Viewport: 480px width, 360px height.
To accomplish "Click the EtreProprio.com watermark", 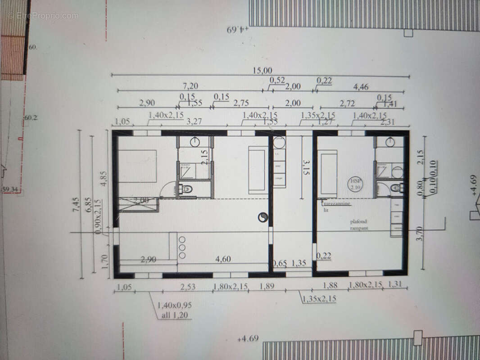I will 43,15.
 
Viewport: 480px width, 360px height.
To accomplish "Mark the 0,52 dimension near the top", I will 277,80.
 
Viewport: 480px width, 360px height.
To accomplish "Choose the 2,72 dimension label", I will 347,103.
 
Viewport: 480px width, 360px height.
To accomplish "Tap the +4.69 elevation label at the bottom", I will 248,338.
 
